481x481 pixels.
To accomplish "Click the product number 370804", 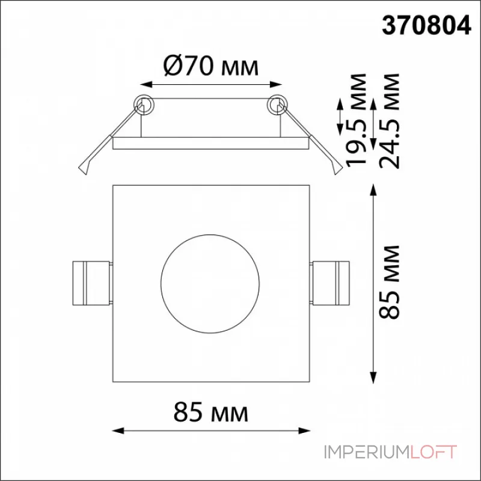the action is [x=426, y=25].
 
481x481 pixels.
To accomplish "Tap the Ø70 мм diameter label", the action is [x=211, y=66].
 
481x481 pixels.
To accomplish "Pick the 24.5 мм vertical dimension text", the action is [x=389, y=121].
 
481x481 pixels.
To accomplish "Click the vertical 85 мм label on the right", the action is [x=389, y=283].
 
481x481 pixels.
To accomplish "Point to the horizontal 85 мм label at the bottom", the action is [x=211, y=412].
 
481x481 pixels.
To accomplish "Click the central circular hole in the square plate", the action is [x=210, y=284].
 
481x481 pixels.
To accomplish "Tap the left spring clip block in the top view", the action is [x=91, y=283].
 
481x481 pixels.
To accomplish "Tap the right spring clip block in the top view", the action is [x=330, y=283].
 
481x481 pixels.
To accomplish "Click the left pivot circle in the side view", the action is [x=144, y=105].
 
